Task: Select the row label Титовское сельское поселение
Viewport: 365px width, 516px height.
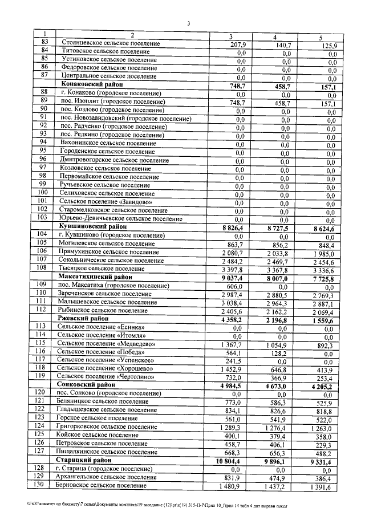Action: point(101,52)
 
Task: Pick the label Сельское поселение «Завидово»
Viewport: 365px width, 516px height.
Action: point(105,202)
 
